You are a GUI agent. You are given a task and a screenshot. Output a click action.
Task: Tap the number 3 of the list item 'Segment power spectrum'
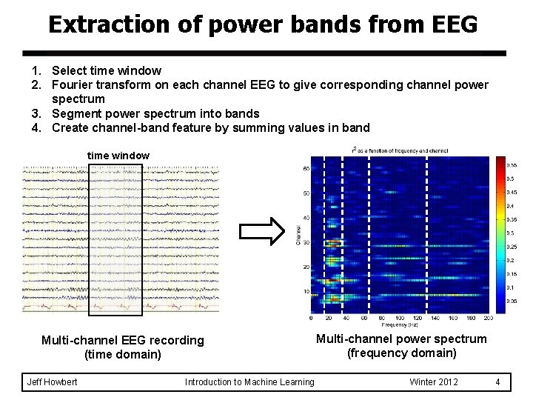coord(35,113)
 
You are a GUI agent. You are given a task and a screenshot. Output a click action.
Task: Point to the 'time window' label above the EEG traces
coord(118,156)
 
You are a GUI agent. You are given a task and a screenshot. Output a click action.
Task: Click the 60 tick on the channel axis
coord(305,169)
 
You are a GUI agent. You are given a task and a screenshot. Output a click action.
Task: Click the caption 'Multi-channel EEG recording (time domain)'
coord(123,347)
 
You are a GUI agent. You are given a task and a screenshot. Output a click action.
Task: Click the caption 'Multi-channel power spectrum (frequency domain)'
coord(402,345)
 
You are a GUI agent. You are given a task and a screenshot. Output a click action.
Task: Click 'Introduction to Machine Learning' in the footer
coord(249,381)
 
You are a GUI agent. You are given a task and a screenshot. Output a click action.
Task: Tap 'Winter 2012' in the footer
coord(434,381)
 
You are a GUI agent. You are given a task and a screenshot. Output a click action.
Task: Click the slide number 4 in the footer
coord(498,381)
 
